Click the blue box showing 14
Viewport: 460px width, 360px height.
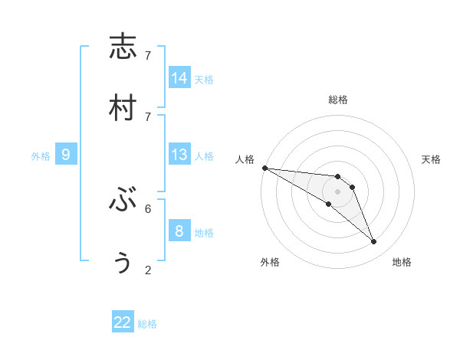point(179,78)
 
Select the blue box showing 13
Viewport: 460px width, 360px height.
point(179,155)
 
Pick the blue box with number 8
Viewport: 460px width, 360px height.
point(179,231)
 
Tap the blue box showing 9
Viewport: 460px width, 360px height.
point(66,155)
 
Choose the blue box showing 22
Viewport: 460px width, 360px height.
point(123,322)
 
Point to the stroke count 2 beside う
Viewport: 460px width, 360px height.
point(148,270)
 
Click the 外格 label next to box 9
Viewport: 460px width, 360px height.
point(41,156)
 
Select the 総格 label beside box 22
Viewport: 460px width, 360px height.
point(147,324)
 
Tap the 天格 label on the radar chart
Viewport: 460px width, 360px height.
point(432,159)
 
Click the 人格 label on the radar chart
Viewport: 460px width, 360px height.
point(245,159)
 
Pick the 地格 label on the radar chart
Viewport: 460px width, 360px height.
point(402,262)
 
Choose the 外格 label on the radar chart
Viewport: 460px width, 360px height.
point(270,262)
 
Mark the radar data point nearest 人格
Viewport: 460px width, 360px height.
point(264,168)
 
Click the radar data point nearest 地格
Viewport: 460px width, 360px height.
point(373,242)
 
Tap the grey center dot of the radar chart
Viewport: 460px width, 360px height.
point(337,191)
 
